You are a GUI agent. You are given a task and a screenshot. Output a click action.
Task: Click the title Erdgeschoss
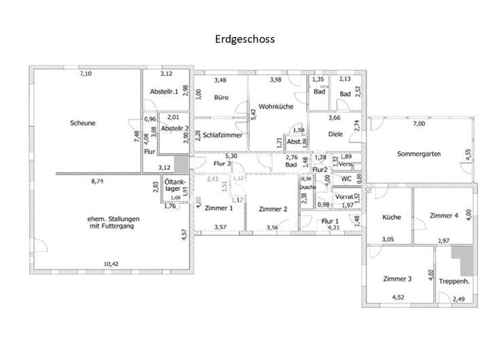click(244, 39)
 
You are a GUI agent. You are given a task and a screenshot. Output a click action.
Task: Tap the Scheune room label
click(82, 123)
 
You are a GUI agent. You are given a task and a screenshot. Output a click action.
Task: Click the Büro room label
click(220, 98)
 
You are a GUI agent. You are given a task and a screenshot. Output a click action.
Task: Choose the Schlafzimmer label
click(221, 135)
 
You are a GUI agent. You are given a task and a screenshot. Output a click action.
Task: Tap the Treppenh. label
click(455, 281)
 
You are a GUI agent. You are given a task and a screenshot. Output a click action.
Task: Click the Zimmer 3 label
click(397, 278)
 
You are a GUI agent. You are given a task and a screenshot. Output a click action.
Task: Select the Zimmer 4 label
click(444, 215)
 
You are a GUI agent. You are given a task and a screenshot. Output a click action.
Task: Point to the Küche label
click(391, 217)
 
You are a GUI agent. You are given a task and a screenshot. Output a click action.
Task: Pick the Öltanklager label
click(173, 186)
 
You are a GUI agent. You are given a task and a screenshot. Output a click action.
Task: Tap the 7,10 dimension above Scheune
click(86, 73)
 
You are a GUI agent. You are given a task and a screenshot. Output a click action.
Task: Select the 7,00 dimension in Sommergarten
click(418, 124)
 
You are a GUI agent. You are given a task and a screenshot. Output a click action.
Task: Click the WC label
click(346, 179)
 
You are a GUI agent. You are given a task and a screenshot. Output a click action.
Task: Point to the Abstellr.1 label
click(164, 91)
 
